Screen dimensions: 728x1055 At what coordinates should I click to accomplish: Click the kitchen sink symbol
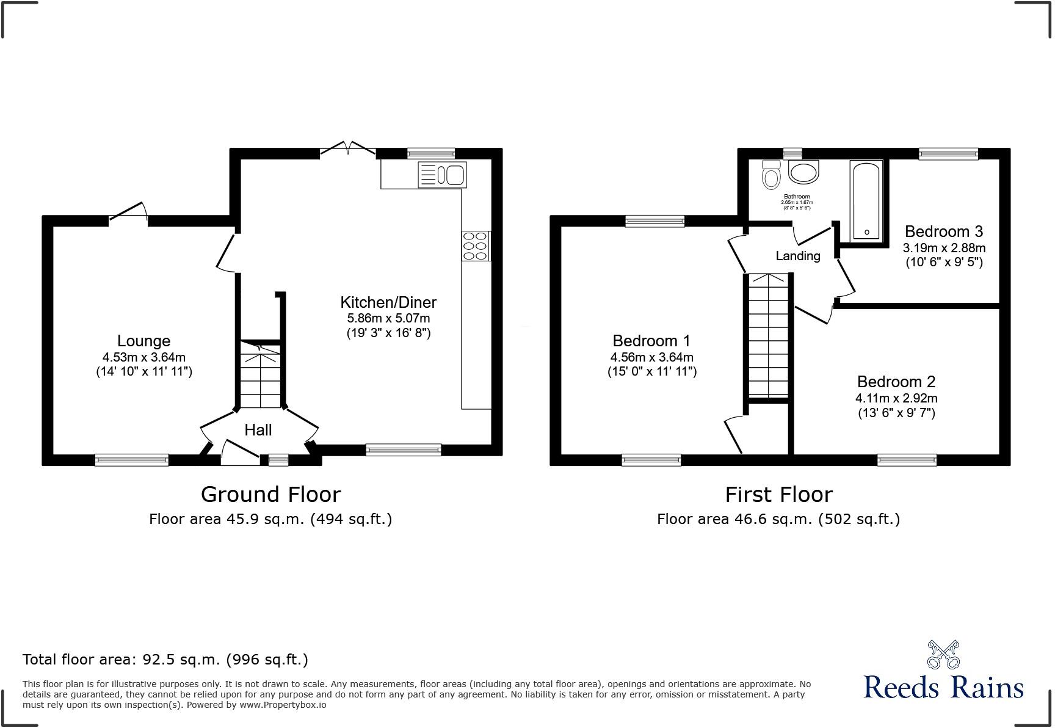click(442, 175)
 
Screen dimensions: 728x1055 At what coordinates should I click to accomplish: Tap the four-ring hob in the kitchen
click(476, 246)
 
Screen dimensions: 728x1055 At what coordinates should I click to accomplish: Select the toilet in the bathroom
click(771, 176)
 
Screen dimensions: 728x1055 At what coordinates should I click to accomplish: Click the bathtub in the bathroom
click(866, 200)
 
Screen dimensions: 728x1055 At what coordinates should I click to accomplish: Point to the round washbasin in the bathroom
click(803, 172)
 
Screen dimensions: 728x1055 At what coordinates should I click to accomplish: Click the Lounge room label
click(143, 341)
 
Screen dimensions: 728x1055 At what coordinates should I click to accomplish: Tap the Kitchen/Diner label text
click(388, 302)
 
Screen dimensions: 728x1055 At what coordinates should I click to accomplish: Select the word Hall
click(258, 430)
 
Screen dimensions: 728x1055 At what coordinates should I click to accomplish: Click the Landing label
click(798, 256)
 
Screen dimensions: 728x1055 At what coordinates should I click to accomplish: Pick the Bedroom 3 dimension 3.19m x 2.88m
click(944, 248)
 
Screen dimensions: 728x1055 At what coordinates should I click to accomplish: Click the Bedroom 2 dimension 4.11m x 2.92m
click(896, 398)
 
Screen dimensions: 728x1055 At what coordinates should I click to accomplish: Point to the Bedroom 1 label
click(651, 341)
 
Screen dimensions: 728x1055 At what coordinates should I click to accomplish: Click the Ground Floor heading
click(270, 494)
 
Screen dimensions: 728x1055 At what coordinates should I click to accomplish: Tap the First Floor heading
click(778, 494)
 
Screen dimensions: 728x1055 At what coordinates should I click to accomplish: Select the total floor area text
click(165, 660)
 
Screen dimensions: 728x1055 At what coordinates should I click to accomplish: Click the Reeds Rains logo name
click(943, 688)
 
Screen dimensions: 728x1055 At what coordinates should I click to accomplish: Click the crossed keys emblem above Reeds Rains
click(943, 654)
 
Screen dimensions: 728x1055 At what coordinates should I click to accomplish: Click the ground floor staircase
click(260, 376)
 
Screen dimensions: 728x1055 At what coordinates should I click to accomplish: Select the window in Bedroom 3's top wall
click(948, 154)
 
